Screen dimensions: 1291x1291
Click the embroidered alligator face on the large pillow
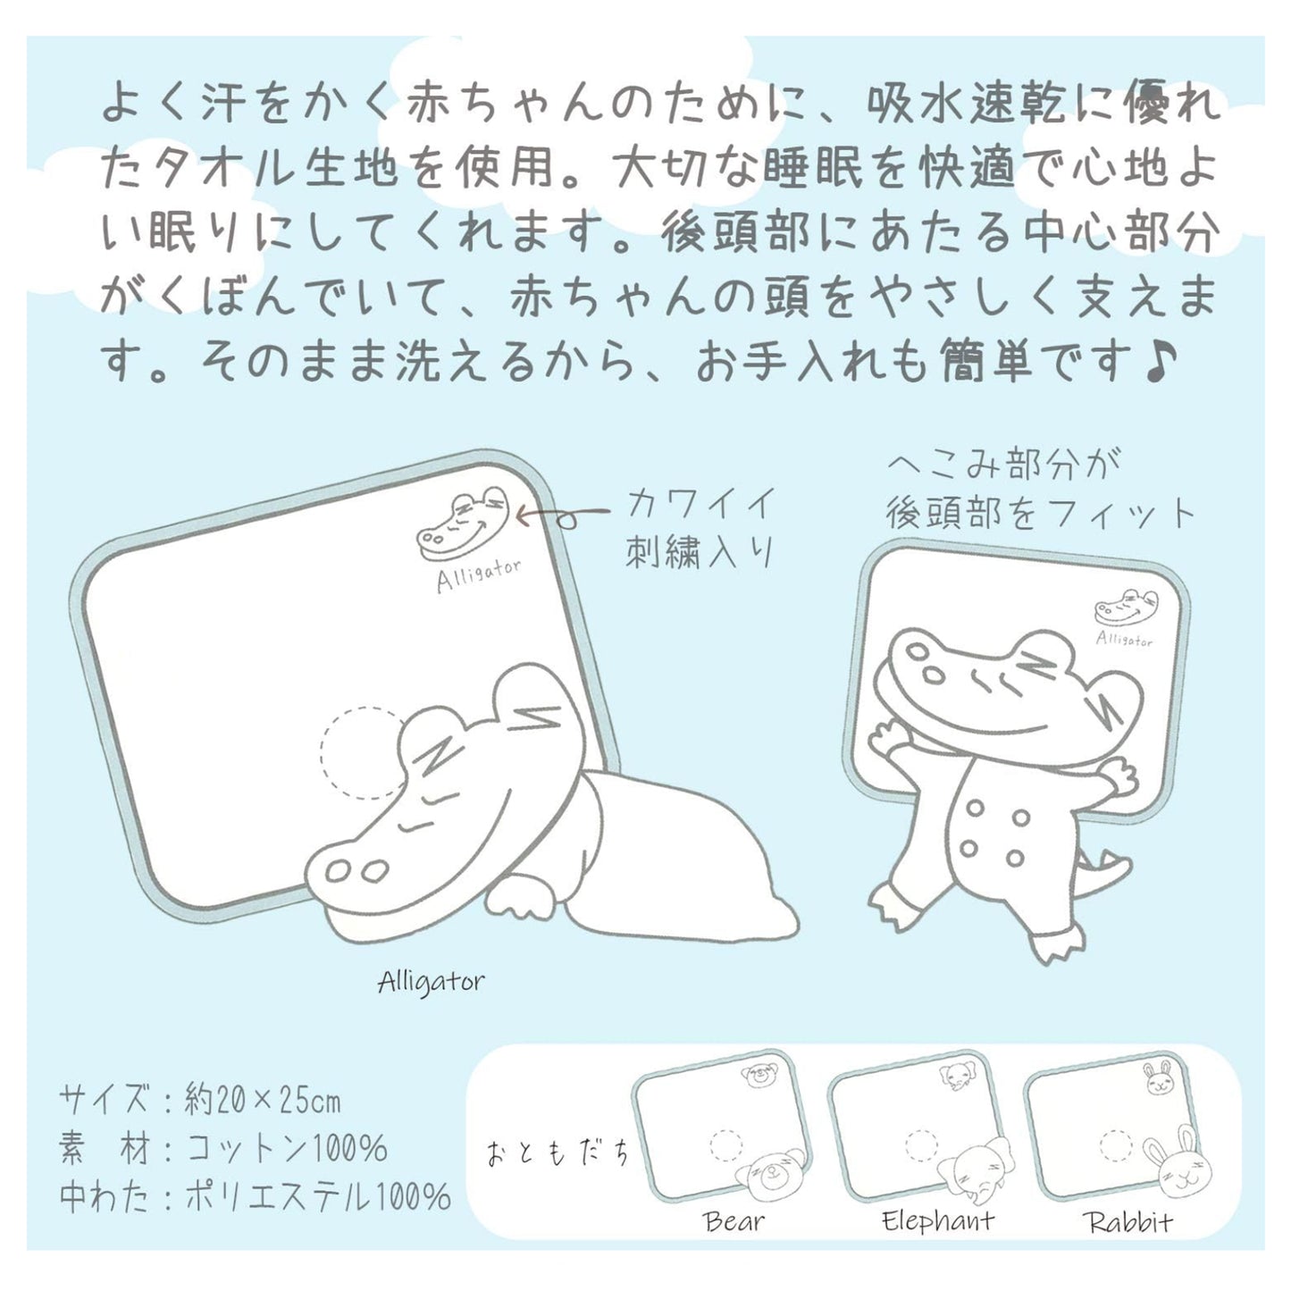coord(463,524)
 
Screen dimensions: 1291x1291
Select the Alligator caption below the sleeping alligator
coord(431,983)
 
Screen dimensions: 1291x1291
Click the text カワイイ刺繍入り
coord(700,528)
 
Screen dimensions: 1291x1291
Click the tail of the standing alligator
coord(1104,868)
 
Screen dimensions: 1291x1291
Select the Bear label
coord(733,1221)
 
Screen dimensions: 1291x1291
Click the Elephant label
coord(937,1221)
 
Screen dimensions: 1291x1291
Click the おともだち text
coord(558,1154)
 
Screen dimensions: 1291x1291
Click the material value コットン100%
coord(286,1150)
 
